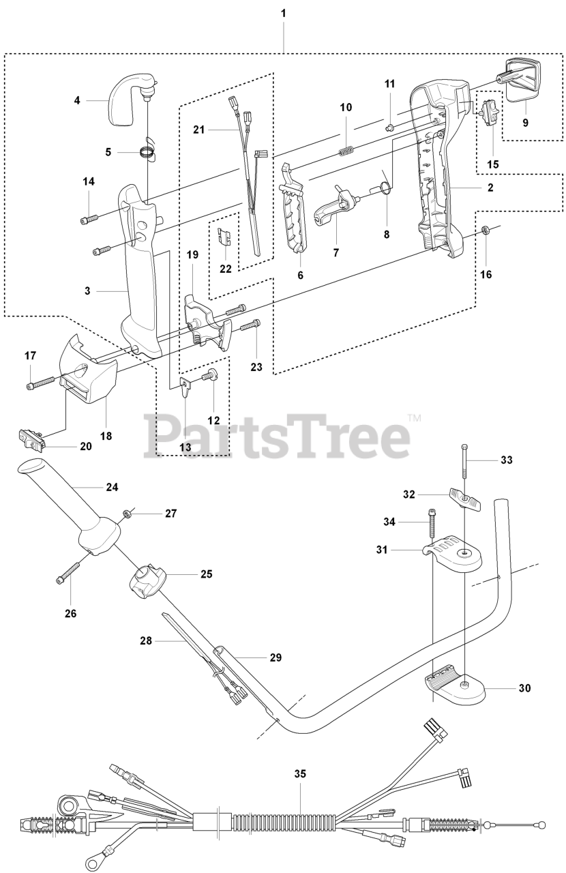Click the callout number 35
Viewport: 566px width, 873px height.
click(x=300, y=774)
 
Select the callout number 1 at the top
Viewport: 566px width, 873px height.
click(x=283, y=13)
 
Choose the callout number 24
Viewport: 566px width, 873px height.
click(x=112, y=487)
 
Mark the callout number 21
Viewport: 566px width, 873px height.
click(x=198, y=128)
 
